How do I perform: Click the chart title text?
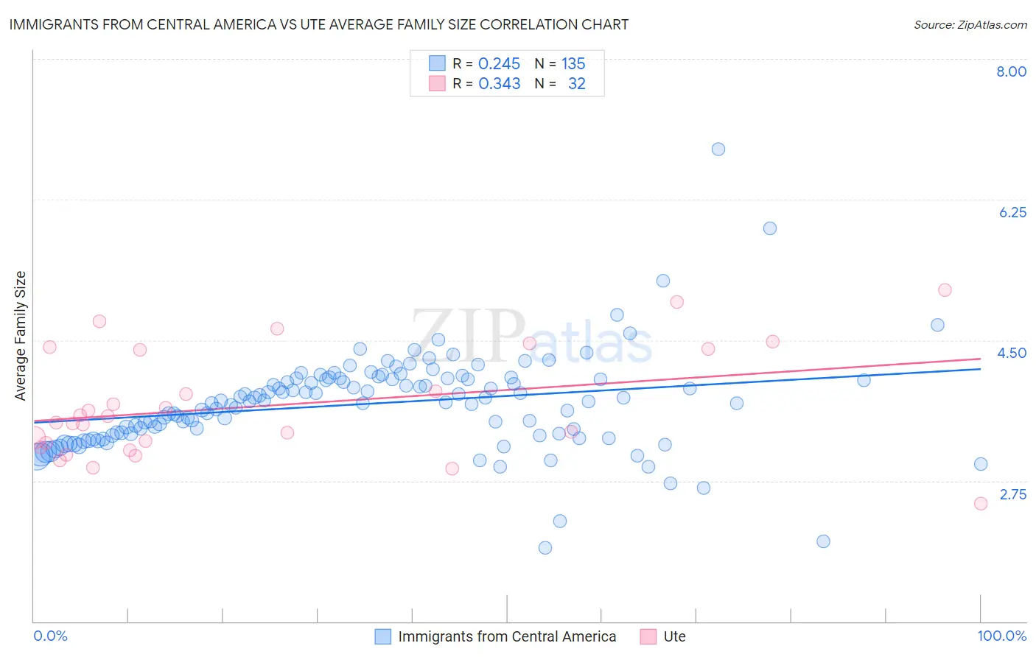pyautogui.click(x=319, y=24)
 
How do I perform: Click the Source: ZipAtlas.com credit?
pyautogui.click(x=970, y=24)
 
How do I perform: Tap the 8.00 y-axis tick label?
pyautogui.click(x=1011, y=71)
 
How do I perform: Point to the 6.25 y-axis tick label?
pyautogui.click(x=1012, y=212)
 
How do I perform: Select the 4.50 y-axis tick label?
pyautogui.click(x=1012, y=353)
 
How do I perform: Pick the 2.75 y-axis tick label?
pyautogui.click(x=1012, y=494)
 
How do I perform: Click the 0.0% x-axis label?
pyautogui.click(x=51, y=636)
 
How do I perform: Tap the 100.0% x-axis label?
pyautogui.click(x=1001, y=636)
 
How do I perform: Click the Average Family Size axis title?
pyautogui.click(x=21, y=336)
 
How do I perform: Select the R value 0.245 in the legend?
pyautogui.click(x=499, y=64)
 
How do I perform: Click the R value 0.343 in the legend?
pyautogui.click(x=499, y=84)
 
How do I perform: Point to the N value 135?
pyautogui.click(x=573, y=64)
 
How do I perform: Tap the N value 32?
pyautogui.click(x=576, y=84)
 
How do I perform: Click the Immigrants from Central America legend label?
pyautogui.click(x=507, y=636)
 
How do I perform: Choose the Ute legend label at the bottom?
pyautogui.click(x=674, y=636)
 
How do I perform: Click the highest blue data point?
pyautogui.click(x=718, y=149)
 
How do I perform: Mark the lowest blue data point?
pyautogui.click(x=545, y=547)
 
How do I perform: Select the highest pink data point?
pyautogui.click(x=945, y=290)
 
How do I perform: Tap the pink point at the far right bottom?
pyautogui.click(x=981, y=504)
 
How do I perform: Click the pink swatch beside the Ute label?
pyautogui.click(x=648, y=636)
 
